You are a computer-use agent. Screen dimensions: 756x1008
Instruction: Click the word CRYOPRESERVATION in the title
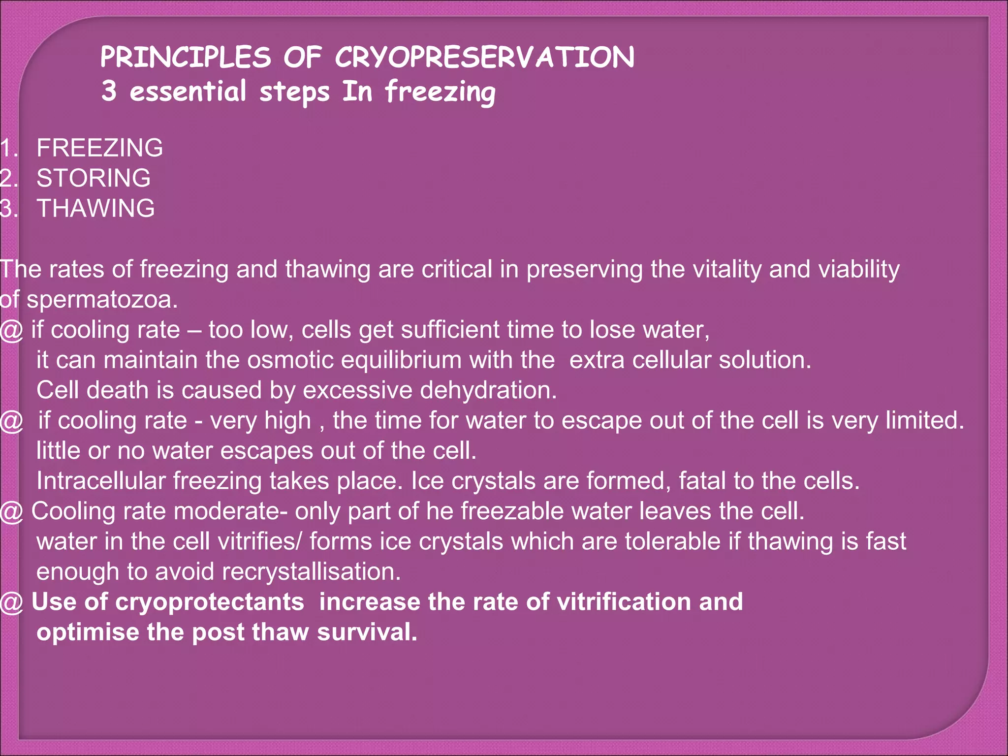[x=485, y=57]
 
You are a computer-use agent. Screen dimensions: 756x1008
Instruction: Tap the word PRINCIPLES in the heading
[x=186, y=57]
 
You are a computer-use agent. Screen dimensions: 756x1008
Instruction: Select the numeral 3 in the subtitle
[x=109, y=91]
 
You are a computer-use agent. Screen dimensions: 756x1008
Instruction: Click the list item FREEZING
[x=99, y=148]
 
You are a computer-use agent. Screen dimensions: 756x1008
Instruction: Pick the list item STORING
[x=94, y=178]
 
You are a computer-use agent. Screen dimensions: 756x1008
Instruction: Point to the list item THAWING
[x=95, y=208]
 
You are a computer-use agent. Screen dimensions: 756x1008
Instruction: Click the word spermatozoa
[x=102, y=300]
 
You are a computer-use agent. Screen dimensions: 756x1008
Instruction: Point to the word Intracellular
[x=100, y=481]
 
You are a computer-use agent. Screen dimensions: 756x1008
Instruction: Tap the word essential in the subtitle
[x=188, y=91]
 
